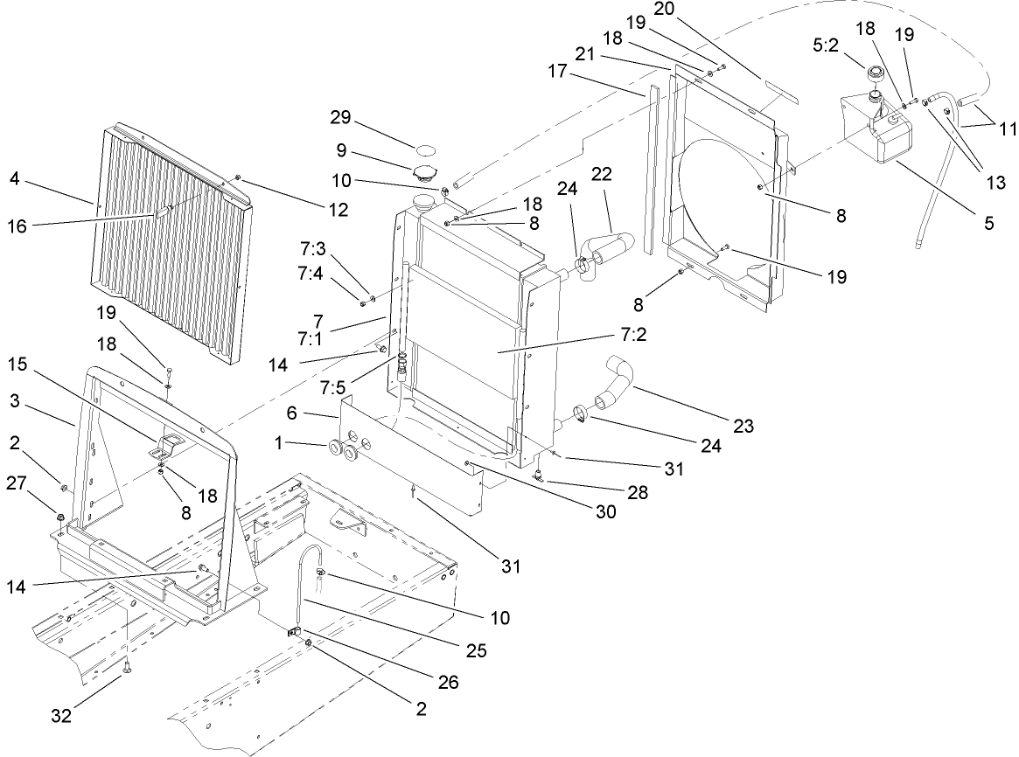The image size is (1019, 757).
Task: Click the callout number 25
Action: point(476,650)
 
